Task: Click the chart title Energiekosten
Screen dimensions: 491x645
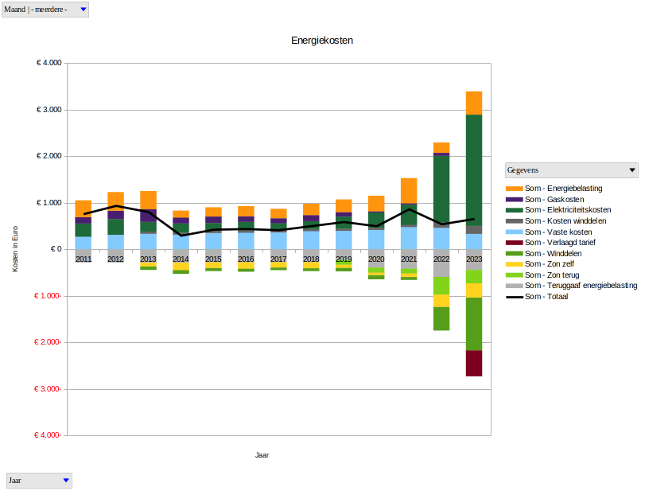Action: point(322,41)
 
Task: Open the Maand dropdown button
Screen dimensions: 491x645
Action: point(45,9)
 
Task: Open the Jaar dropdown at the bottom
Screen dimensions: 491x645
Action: point(38,481)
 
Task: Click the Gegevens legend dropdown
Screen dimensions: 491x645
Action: point(572,170)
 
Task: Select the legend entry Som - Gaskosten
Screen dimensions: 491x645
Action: point(549,199)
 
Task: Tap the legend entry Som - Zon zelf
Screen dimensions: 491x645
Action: point(546,263)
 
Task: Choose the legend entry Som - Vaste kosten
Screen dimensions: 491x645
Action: point(553,232)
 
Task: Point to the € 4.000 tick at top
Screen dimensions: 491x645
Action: point(49,64)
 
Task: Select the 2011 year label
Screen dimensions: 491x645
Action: point(84,259)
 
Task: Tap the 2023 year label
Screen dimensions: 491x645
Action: point(474,259)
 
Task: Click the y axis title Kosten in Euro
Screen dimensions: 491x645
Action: point(15,249)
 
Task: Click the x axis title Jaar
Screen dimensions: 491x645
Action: point(262,455)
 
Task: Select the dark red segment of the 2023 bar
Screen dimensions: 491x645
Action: point(474,363)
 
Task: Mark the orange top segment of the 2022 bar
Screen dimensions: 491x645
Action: point(441,147)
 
